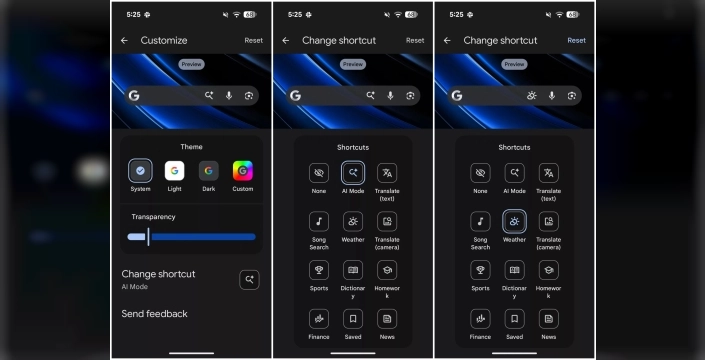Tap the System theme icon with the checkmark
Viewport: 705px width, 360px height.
pos(140,171)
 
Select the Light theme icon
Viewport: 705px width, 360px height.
pos(174,171)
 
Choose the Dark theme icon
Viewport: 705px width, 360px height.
pos(208,171)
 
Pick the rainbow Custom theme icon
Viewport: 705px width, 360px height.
pos(242,171)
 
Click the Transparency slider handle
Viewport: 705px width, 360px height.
pos(148,237)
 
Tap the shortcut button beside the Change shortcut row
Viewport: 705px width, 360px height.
pos(249,280)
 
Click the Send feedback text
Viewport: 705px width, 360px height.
pos(154,314)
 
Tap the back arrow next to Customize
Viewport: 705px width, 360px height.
pos(124,41)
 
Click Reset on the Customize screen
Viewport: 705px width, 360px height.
pos(253,41)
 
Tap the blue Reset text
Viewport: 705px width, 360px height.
pos(576,41)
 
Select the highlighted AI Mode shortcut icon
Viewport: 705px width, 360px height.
pos(352,172)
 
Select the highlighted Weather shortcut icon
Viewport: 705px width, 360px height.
pos(514,221)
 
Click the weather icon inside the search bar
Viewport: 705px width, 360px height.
pos(532,96)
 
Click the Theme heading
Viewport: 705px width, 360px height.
pos(191,147)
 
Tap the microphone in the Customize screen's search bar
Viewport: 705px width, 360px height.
pos(229,96)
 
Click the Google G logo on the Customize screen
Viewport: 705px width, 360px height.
pos(134,96)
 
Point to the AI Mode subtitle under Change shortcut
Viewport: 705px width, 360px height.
pos(135,287)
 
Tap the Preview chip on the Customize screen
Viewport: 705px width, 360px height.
pos(191,64)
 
